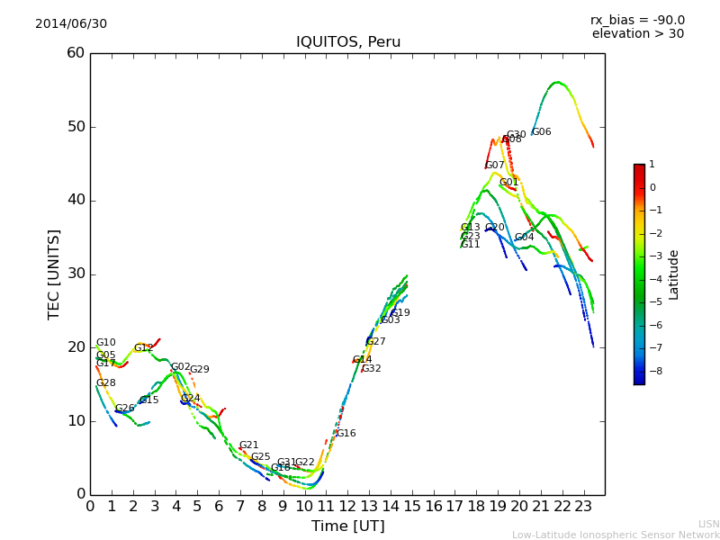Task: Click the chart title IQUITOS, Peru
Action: click(348, 42)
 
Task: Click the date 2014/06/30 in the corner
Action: click(71, 23)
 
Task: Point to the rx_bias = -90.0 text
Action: click(637, 20)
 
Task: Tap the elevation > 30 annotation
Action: click(637, 34)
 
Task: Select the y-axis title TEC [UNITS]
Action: click(55, 274)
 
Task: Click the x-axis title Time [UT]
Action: click(347, 526)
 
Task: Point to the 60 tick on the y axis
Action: click(76, 53)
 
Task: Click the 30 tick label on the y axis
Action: click(76, 274)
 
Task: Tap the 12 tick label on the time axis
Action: click(347, 507)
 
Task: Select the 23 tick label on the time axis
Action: click(583, 507)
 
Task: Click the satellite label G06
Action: click(542, 132)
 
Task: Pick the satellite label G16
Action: click(346, 434)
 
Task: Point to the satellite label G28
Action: click(106, 383)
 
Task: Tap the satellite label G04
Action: click(525, 238)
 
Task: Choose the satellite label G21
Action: click(248, 445)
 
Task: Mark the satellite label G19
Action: click(400, 313)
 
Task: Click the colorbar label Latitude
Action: click(674, 274)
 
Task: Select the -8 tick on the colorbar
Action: click(653, 369)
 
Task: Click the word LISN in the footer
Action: click(708, 524)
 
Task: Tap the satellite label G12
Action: click(144, 348)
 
